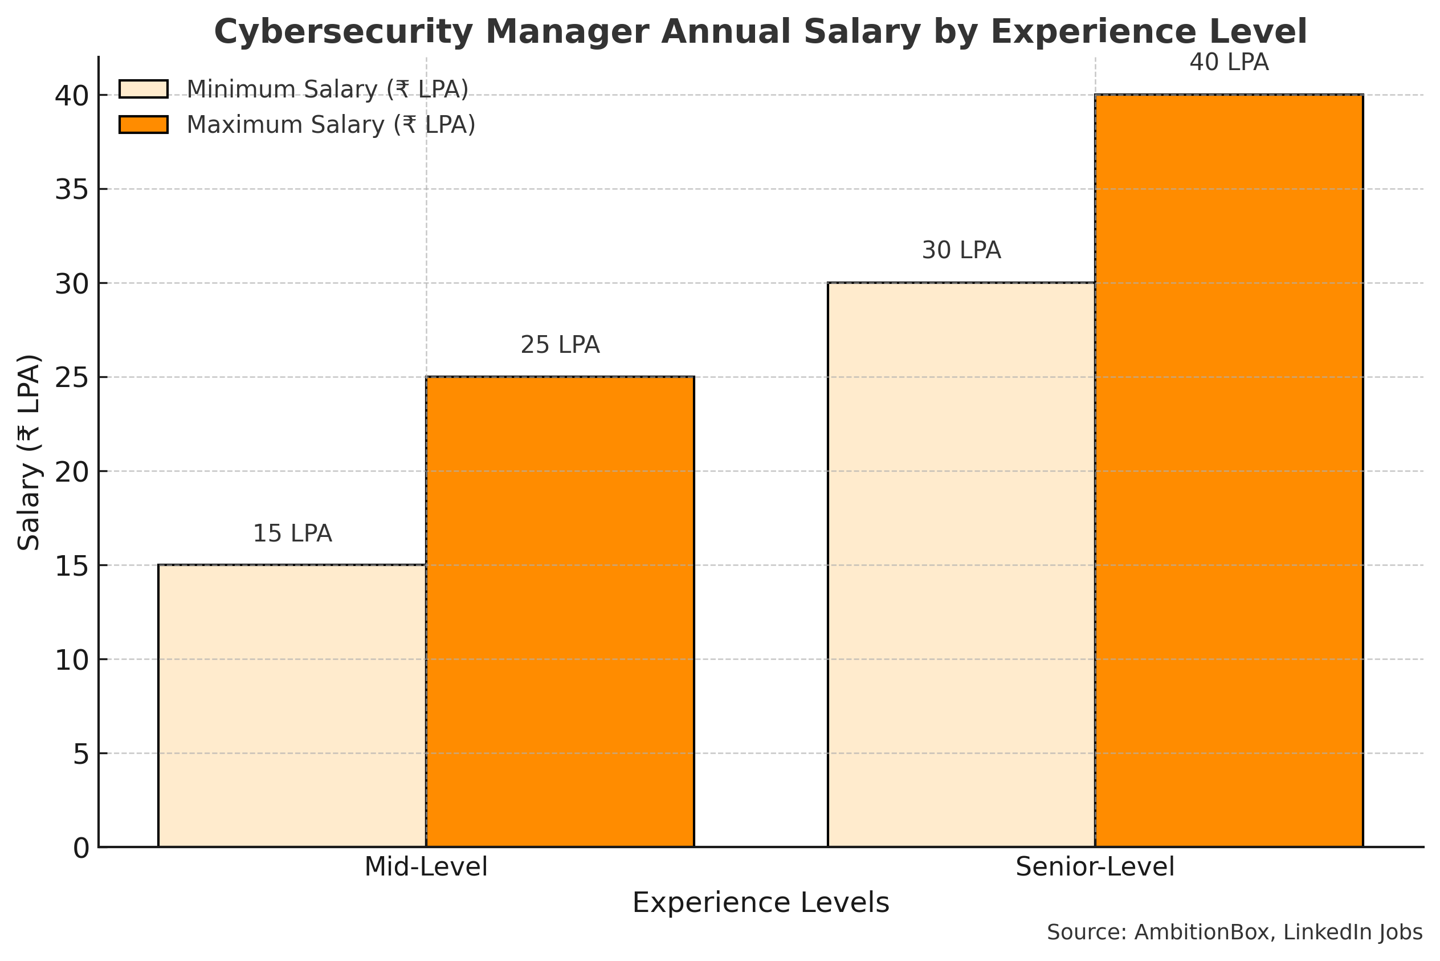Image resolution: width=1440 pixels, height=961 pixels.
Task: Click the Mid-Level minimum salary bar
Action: (292, 706)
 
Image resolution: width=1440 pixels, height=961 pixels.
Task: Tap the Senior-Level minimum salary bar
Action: (961, 564)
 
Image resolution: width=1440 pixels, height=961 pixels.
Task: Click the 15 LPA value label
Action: (292, 534)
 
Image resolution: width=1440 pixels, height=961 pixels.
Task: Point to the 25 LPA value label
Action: (560, 345)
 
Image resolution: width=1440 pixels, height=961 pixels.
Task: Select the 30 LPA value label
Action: (961, 251)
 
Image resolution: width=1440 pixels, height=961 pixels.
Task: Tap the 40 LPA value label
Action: (1229, 63)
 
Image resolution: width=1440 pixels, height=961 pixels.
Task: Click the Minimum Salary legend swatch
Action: (144, 89)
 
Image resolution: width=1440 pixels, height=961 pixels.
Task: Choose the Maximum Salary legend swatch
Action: (144, 124)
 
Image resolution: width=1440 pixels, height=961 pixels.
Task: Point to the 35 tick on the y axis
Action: (72, 190)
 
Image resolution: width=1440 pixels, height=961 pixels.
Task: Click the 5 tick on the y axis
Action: (81, 755)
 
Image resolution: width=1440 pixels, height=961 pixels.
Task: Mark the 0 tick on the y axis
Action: (81, 849)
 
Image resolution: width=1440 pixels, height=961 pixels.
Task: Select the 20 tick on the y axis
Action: (72, 472)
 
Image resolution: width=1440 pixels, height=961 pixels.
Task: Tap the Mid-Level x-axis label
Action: (426, 867)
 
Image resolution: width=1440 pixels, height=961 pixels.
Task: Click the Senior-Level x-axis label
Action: (1095, 867)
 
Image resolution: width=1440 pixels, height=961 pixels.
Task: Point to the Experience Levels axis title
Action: (760, 903)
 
